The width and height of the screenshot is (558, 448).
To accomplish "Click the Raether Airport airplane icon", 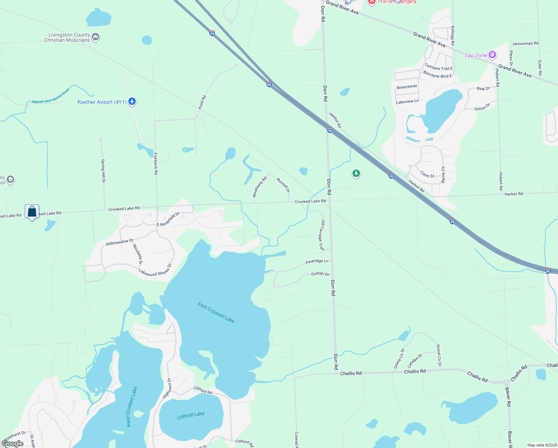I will click(x=132, y=102).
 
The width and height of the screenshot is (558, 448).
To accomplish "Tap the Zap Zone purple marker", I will click(x=492, y=55).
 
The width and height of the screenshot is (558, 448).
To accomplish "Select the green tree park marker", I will click(x=356, y=173).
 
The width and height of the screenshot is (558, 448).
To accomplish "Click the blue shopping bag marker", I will click(x=32, y=212).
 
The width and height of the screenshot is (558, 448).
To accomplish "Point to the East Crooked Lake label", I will click(x=216, y=312).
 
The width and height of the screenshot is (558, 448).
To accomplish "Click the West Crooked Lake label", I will click(x=131, y=407).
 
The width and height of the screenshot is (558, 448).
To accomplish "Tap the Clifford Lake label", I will click(x=191, y=415).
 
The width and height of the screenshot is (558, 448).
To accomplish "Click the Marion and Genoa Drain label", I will click(x=51, y=96).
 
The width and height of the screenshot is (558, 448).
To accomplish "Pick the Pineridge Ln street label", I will click(x=317, y=262).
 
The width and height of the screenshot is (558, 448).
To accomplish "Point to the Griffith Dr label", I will click(x=320, y=274).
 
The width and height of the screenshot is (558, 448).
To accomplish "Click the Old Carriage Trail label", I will click(x=322, y=235).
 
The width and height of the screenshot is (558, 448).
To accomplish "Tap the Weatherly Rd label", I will click(x=260, y=187).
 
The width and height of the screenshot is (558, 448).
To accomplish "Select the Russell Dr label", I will click(x=283, y=185).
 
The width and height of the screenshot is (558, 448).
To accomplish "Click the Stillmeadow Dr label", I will click(x=119, y=242).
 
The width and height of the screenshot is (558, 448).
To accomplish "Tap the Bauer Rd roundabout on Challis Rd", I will click(x=506, y=382).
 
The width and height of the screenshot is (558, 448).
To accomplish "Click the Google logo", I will click(x=13, y=444).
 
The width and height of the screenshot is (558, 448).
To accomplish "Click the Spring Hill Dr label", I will click(x=103, y=171).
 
